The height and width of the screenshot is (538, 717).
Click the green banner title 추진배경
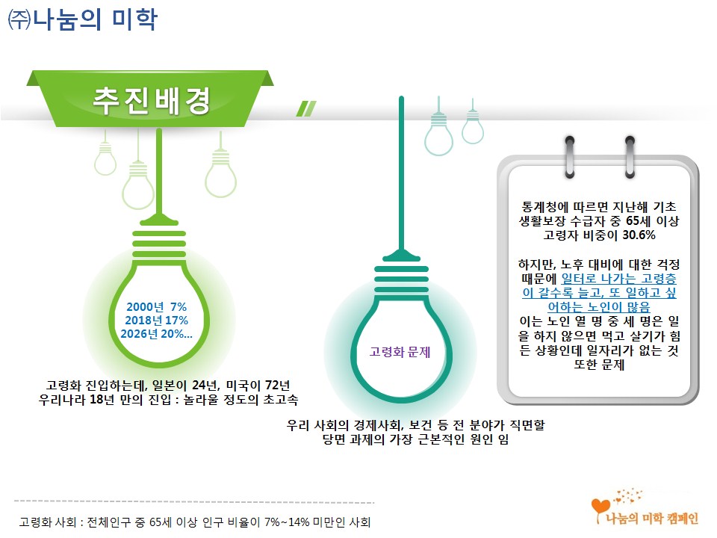pyautogui.click(x=152, y=101)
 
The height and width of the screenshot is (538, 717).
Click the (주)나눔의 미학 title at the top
pyautogui.click(x=82, y=19)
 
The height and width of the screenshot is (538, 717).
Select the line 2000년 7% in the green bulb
pyautogui.click(x=156, y=306)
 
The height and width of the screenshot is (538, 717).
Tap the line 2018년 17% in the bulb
pyautogui.click(x=156, y=321)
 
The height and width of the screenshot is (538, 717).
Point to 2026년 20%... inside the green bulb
pyautogui.click(x=156, y=334)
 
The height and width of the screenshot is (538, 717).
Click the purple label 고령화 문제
pyautogui.click(x=400, y=352)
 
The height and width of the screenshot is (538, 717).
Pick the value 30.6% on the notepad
pyautogui.click(x=639, y=235)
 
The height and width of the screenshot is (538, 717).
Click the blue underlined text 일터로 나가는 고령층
pyautogui.click(x=618, y=278)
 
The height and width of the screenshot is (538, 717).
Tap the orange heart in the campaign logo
pyautogui.click(x=600, y=507)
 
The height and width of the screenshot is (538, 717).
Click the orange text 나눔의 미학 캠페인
pyautogui.click(x=652, y=519)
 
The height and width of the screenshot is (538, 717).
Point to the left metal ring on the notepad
pyautogui.click(x=570, y=156)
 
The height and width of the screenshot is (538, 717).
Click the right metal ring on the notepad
pyautogui.click(x=630, y=156)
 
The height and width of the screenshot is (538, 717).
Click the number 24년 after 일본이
pyautogui.click(x=205, y=386)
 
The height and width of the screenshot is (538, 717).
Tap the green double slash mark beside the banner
pyautogui.click(x=306, y=108)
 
